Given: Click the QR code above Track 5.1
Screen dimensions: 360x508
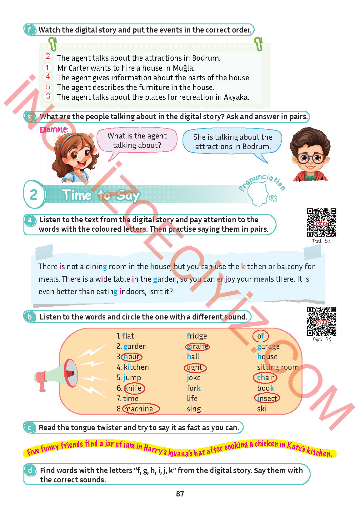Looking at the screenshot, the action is tap(322, 223).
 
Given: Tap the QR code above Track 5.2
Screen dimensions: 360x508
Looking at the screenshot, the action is tap(322, 321).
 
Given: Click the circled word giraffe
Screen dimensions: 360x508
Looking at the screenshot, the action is tap(197, 346).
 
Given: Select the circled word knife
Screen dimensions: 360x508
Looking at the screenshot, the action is tap(134, 388).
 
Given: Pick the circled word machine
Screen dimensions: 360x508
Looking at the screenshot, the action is tap(141, 409).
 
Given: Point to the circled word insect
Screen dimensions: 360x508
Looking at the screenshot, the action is tap(267, 398).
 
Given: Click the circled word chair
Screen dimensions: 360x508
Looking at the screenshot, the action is tap(265, 378).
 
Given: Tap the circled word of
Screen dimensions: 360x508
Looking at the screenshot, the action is tap(261, 336).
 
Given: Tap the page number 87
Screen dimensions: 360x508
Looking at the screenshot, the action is tap(180, 494).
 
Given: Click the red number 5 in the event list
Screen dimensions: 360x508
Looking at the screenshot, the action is tap(48, 87).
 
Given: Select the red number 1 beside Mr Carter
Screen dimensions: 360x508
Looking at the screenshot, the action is tap(47, 68).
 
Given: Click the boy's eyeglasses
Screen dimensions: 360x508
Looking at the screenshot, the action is tap(311, 158).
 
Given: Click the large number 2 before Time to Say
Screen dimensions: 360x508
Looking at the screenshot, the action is tap(34, 194).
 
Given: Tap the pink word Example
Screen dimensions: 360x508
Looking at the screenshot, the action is tap(54, 130).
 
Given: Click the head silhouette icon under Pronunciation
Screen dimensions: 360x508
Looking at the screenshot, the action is tap(259, 194).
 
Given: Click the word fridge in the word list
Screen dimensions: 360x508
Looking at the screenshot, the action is tap(197, 336).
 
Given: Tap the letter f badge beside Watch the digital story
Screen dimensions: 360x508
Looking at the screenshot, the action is tap(29, 30).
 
